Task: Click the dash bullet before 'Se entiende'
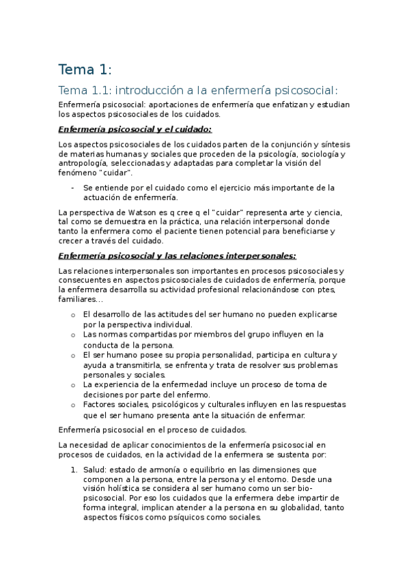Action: point(72,187)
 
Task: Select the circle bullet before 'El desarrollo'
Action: point(73,315)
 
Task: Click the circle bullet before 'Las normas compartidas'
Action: point(73,335)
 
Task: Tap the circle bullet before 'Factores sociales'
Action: point(73,406)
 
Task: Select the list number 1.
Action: point(73,470)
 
